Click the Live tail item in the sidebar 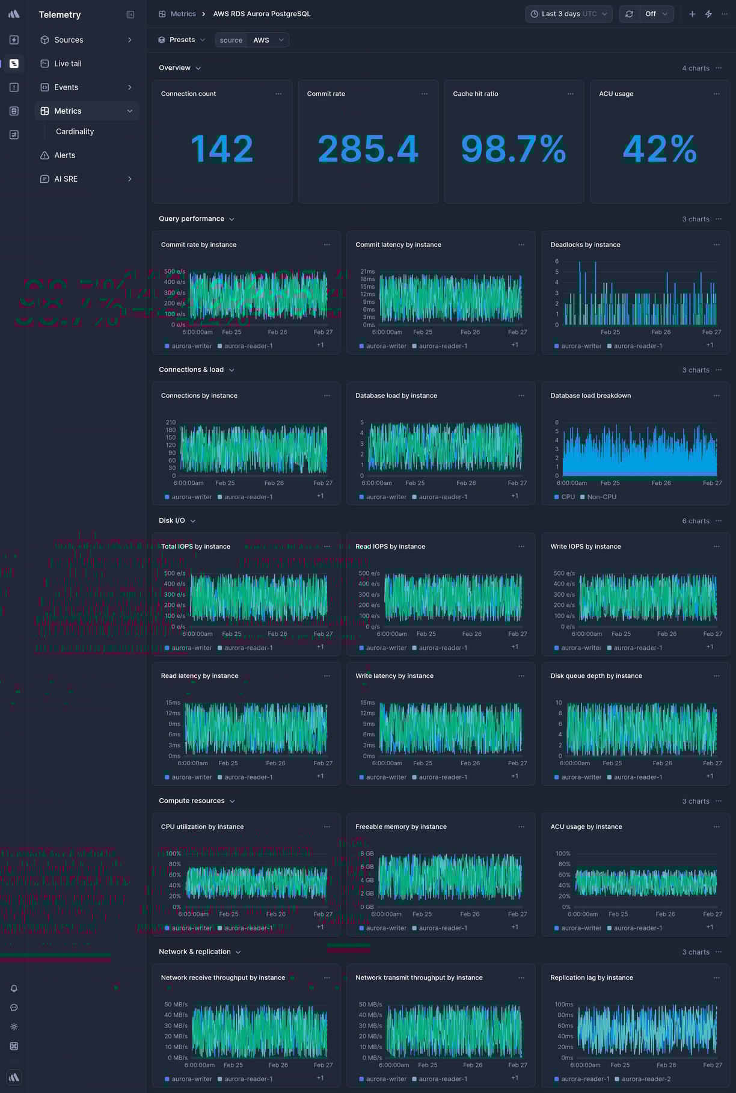pos(67,64)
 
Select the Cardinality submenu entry pos(75,132)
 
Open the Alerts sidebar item pos(64,155)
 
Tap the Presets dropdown pos(182,40)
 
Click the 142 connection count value pos(222,149)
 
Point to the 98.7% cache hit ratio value pos(514,149)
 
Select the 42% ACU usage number pos(660,149)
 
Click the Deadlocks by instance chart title pos(585,245)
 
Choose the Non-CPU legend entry pos(601,497)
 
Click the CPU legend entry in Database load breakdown pos(568,497)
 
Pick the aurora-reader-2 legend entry pos(646,1079)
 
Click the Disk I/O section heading pos(172,521)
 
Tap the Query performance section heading pos(191,219)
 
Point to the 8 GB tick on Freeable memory pos(367,854)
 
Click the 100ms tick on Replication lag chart pos(563,1005)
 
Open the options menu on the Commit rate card pos(425,94)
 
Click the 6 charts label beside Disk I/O pos(695,521)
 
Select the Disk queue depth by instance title pos(596,676)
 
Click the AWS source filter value pos(261,40)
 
